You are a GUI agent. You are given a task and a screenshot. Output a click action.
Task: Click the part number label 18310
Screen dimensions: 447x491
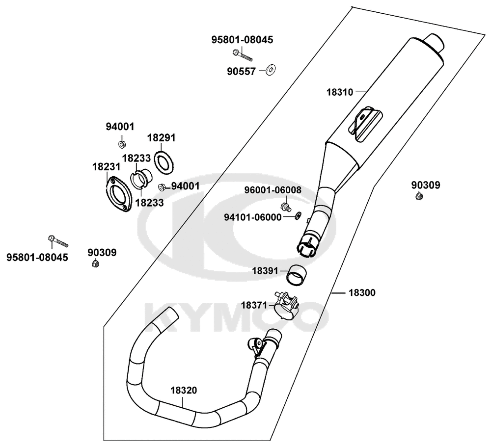(x=339, y=92)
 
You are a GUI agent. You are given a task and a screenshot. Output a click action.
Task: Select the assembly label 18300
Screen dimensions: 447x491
(x=362, y=293)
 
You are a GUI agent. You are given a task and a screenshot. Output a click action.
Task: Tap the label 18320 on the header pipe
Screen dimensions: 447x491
(x=184, y=391)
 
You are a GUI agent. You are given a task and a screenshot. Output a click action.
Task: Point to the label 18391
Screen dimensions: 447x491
(x=265, y=270)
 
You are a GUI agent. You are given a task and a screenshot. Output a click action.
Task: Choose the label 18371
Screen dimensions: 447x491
(x=253, y=305)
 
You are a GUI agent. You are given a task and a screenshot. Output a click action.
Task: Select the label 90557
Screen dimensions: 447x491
(x=241, y=72)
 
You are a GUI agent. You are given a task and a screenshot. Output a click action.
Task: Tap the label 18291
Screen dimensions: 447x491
(x=162, y=138)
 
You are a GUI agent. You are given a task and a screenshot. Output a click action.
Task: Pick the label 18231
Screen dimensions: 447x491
(x=106, y=167)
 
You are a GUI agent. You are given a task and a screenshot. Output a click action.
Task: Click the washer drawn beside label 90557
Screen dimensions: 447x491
(x=271, y=70)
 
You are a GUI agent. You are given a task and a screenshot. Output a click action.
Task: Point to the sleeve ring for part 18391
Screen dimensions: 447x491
(x=297, y=274)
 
